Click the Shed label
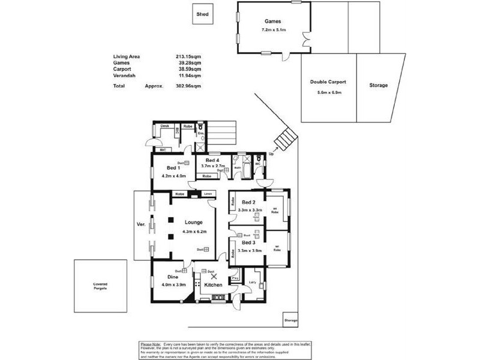coord(203,15)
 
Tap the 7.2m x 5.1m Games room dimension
coord(274,29)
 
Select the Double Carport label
coord(328,82)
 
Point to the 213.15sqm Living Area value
coord(189,56)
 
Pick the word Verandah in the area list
coord(124,76)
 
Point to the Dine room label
coord(173,277)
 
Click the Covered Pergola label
coord(100,285)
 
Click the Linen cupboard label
coord(208,194)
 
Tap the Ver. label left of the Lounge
coord(141,224)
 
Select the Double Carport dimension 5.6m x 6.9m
coord(328,92)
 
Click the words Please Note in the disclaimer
coord(150,344)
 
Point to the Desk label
coord(164,126)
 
